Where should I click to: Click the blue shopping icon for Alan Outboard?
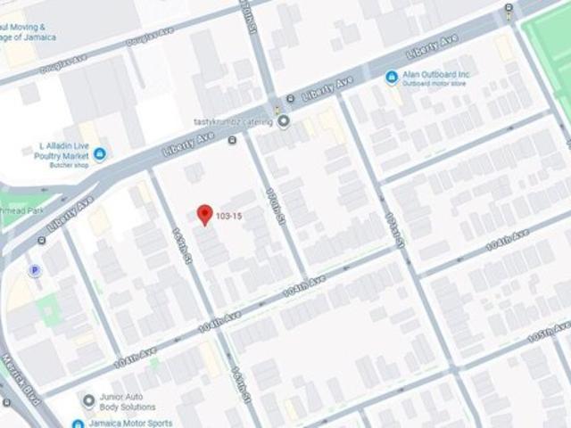[x=391, y=78]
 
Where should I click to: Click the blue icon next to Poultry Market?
[x=99, y=154]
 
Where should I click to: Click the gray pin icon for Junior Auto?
[x=87, y=401]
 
